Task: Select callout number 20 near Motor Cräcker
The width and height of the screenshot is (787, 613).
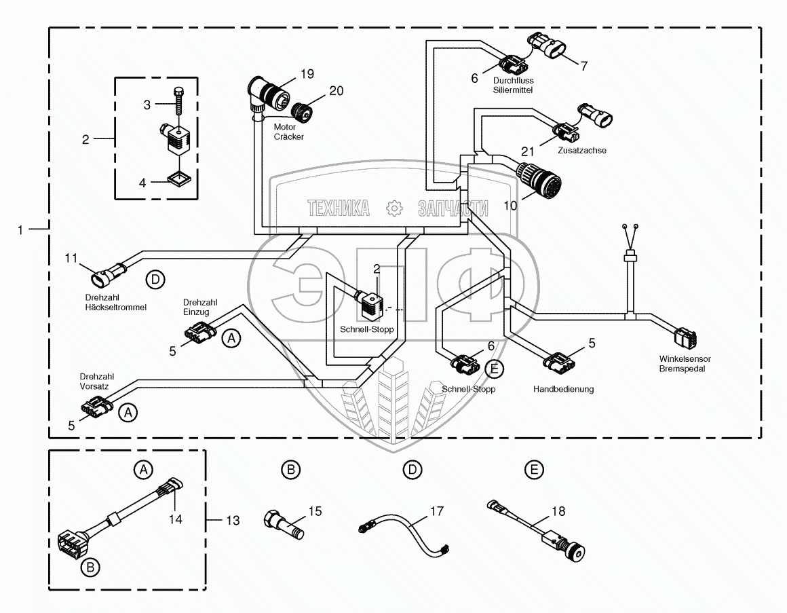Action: (337, 90)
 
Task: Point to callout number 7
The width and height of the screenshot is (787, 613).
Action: (583, 66)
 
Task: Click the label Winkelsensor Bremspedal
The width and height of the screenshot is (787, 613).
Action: (682, 364)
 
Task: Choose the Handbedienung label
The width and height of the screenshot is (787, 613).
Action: (563, 389)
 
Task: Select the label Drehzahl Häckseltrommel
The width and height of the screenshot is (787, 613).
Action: (115, 303)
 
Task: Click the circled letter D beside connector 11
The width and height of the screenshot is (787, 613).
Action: (155, 278)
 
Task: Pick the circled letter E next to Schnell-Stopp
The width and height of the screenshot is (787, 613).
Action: (495, 369)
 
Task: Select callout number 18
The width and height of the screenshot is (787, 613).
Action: (558, 511)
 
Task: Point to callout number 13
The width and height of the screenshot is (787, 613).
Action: (233, 521)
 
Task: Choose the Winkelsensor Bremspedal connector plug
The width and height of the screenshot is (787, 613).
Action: (688, 337)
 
